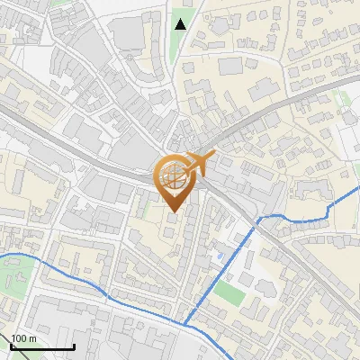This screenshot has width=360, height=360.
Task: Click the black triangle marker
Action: [x=181, y=23]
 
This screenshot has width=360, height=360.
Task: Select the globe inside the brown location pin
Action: [x=174, y=178]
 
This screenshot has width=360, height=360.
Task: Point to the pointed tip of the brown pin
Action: [x=174, y=212]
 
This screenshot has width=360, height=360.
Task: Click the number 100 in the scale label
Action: [x=19, y=338]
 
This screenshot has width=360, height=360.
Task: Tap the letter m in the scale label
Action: [x=31, y=338]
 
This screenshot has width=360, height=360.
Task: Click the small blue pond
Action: [x=220, y=256]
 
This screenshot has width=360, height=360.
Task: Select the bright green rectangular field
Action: [x=229, y=293]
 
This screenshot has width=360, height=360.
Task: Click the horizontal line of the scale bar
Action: [x=42, y=347]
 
